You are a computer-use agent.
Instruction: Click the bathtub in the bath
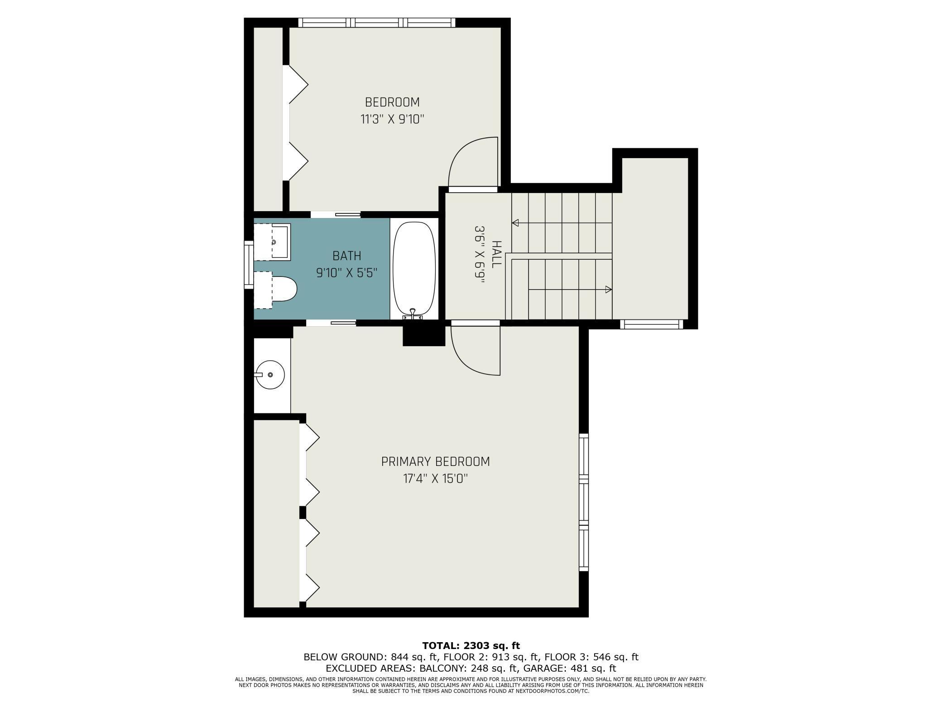[414, 267]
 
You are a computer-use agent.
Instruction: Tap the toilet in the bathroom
[284, 289]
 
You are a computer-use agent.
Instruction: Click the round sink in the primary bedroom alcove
[270, 375]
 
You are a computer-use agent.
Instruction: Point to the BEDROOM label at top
[392, 102]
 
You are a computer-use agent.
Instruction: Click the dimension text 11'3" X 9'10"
[392, 120]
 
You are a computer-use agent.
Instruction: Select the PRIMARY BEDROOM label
[435, 461]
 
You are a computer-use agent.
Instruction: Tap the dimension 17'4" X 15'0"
[435, 479]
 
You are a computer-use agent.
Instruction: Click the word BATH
[347, 256]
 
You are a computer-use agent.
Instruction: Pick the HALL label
[496, 255]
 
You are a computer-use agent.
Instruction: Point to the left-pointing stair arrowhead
[515, 223]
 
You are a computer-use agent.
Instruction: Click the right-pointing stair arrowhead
[609, 289]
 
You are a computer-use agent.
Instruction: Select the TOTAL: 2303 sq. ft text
[471, 645]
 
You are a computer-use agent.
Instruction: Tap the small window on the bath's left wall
[249, 265]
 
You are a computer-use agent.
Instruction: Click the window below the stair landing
[651, 324]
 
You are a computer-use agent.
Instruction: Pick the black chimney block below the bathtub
[424, 335]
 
